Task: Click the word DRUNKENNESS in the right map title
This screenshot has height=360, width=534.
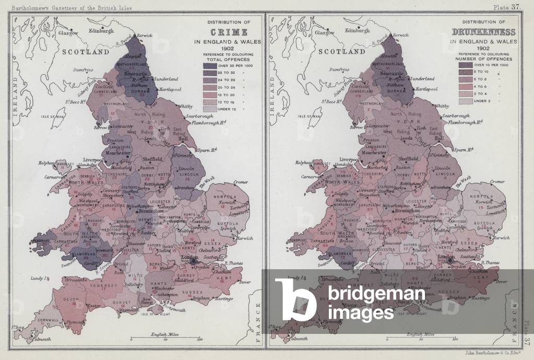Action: click(483, 32)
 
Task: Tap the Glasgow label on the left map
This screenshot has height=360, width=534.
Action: click(68, 32)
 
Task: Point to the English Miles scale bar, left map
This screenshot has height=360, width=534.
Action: click(164, 338)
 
